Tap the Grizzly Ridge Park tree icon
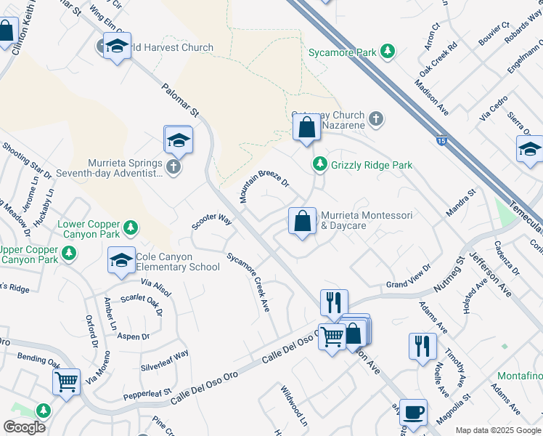(319, 165)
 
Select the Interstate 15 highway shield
(441, 141)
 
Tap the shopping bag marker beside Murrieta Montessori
(302, 221)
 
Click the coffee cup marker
(413, 412)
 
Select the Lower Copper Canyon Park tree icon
(131, 228)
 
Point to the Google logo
(25, 427)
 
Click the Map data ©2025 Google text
(497, 430)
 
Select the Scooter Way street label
(211, 221)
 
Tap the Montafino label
(520, 376)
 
